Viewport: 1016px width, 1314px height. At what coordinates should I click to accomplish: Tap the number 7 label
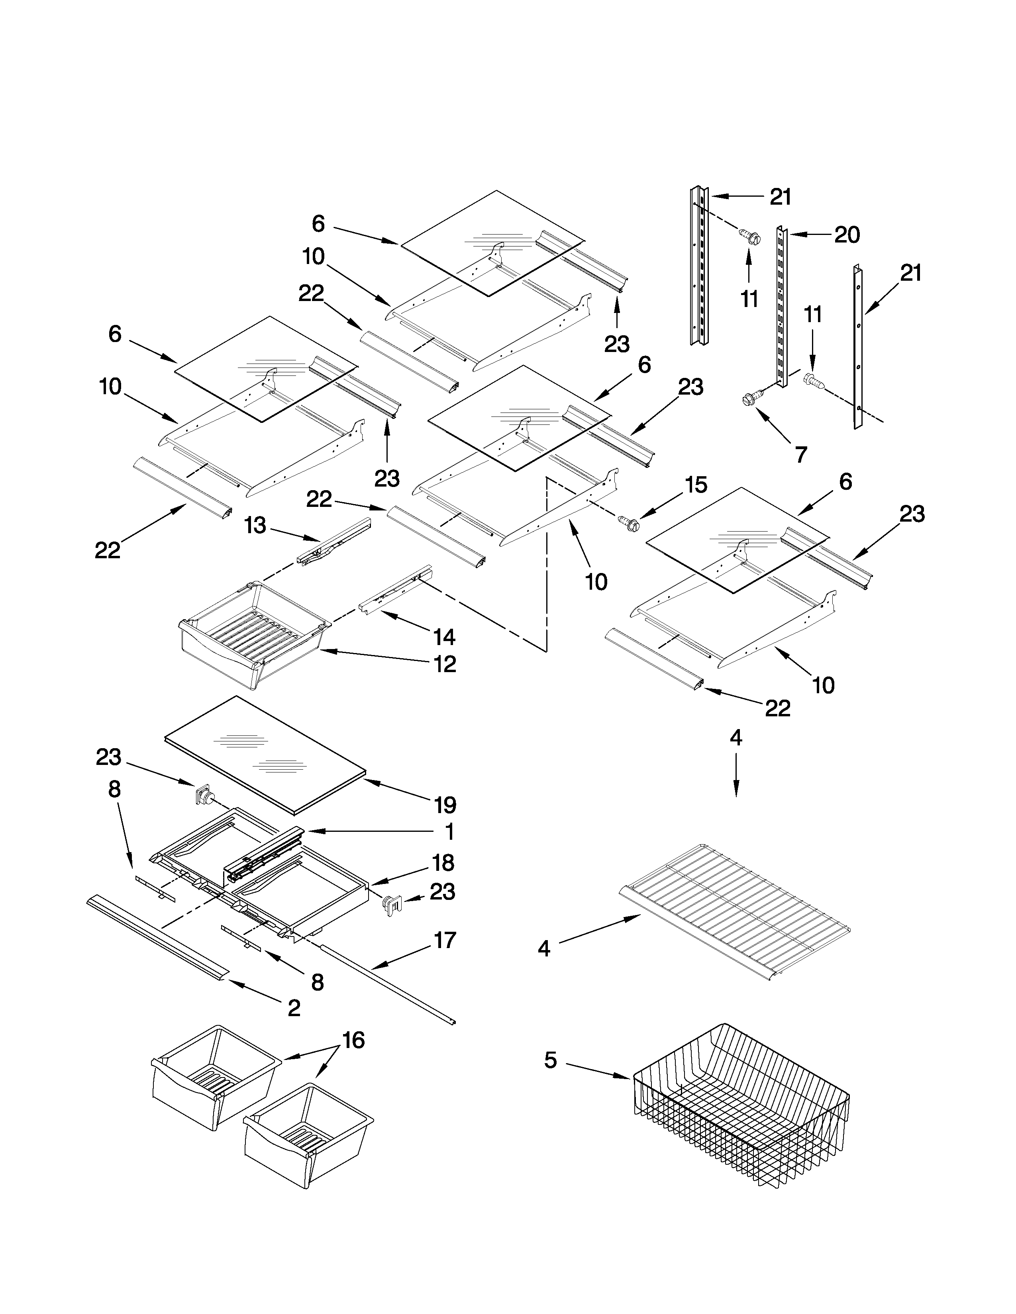coord(800,455)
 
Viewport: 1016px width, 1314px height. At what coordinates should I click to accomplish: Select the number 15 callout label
coord(696,485)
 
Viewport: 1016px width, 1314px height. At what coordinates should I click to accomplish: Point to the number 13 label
coord(255,525)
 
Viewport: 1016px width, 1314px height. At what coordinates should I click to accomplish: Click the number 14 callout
coord(444,637)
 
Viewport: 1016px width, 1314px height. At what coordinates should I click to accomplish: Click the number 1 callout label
coord(449,832)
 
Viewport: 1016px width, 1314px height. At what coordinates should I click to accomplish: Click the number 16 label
coord(353,1040)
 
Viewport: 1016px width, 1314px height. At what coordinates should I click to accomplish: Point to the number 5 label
coord(551,1060)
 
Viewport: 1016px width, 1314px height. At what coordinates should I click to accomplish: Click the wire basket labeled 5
coord(740,1113)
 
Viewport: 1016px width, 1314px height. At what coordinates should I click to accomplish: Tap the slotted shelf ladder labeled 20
coord(781,307)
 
